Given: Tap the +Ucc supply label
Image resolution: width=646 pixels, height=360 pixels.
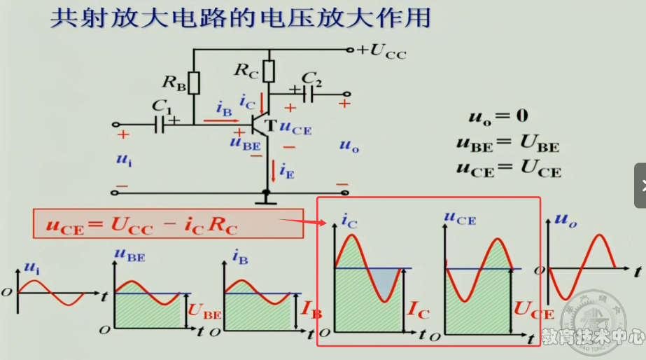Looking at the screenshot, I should [x=381, y=51].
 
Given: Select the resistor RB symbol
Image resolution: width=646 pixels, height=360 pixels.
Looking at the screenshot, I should [x=194, y=83].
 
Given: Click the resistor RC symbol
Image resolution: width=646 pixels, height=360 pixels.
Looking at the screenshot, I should [x=269, y=71].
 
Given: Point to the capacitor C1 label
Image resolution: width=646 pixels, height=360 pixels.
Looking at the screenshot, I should [x=162, y=108].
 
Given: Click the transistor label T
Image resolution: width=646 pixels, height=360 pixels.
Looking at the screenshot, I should [x=269, y=125].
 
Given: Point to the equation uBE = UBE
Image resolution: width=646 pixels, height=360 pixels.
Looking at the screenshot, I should [x=507, y=145].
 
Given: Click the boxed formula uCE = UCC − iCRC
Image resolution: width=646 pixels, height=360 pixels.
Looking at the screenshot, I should [x=142, y=226].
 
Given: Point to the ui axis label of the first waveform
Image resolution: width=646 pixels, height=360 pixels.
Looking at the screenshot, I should [x=31, y=268].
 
